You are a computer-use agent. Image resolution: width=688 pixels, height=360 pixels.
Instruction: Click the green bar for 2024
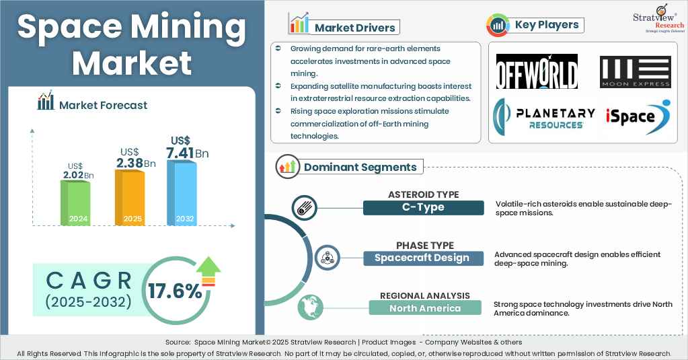pyautogui.click(x=75, y=202)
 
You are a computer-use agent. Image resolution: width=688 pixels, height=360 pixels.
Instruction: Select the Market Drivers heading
pyautogui.click(x=356, y=28)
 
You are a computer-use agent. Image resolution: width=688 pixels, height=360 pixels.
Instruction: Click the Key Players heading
pyautogui.click(x=546, y=26)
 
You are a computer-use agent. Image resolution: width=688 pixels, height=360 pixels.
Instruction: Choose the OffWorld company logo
pyautogui.click(x=537, y=71)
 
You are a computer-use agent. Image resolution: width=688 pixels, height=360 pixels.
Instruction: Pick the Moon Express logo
pyautogui.click(x=635, y=72)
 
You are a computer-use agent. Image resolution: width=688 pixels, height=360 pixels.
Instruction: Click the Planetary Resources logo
pyautogui.click(x=545, y=116)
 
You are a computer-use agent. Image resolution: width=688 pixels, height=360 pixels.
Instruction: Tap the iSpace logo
pyautogui.click(x=636, y=116)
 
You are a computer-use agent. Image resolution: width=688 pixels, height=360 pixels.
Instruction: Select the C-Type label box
pyautogui.click(x=423, y=207)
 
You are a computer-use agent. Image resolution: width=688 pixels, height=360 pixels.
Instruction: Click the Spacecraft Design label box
pyautogui.click(x=423, y=258)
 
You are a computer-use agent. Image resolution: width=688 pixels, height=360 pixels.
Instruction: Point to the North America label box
pyautogui.click(x=425, y=308)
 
